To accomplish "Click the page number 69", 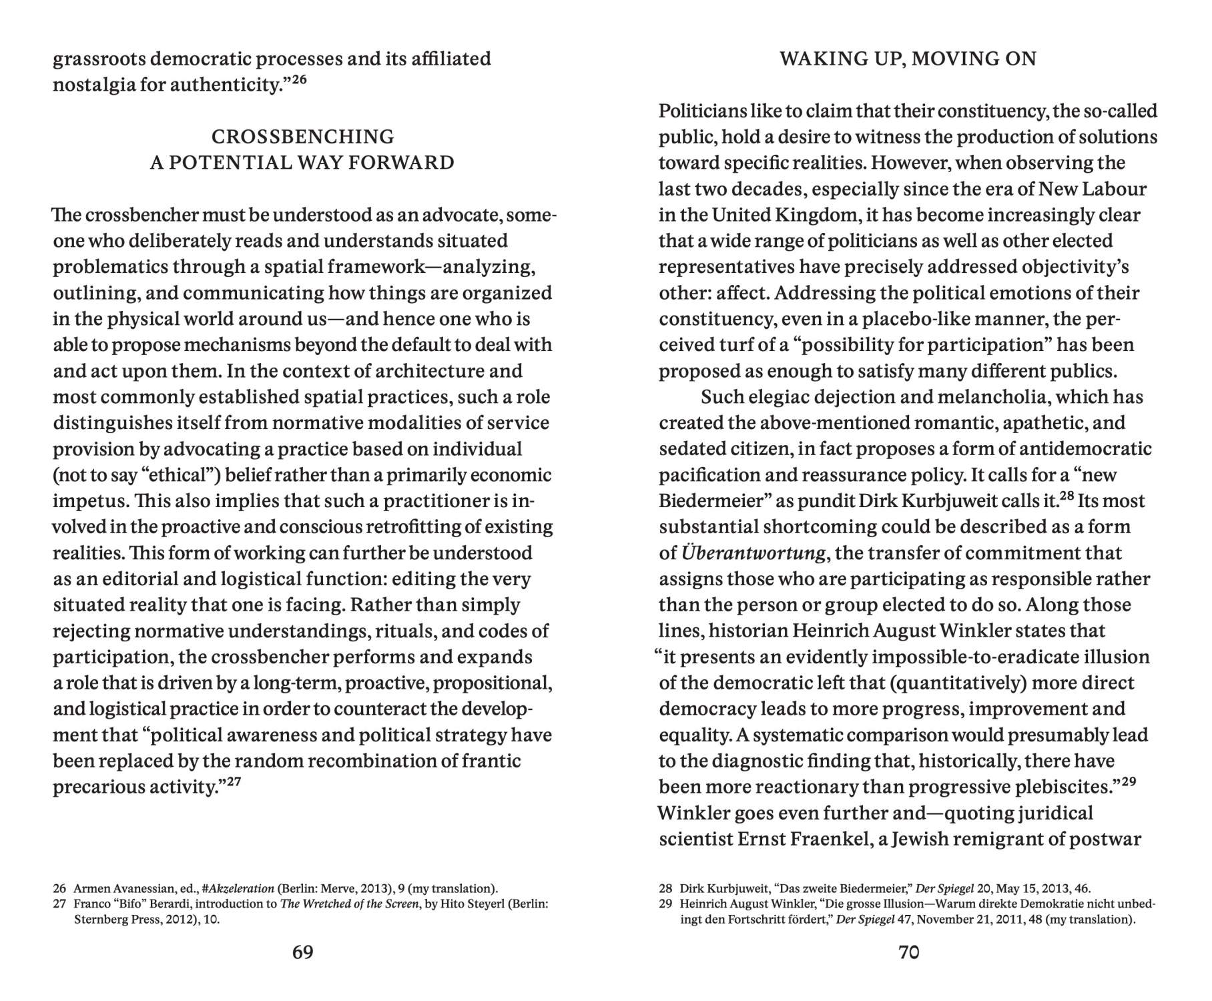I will (303, 952).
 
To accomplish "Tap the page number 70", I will (909, 952).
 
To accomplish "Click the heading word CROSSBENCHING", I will (303, 137).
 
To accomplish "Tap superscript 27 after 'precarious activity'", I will (233, 782).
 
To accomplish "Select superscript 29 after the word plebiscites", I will (1129, 782).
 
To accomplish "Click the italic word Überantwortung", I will (753, 553).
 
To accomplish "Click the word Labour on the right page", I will (1114, 189).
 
